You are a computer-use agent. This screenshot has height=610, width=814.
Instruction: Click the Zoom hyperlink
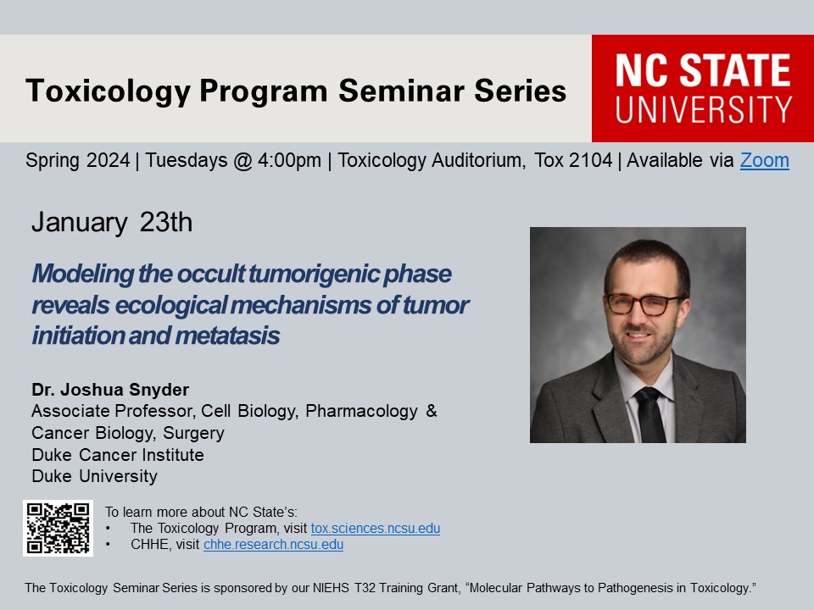764,160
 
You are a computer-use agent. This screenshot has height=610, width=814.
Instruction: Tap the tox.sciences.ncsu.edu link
376,528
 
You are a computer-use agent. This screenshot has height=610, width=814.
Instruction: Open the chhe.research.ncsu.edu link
274,544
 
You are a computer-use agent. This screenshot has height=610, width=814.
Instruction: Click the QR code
59,528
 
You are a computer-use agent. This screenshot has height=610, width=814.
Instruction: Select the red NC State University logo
703,88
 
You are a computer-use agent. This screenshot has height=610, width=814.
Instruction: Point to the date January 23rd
112,223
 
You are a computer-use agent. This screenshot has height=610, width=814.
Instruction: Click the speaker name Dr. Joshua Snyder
110,390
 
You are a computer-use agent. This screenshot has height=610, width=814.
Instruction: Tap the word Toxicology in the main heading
108,91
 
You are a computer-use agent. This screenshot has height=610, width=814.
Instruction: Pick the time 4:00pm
289,160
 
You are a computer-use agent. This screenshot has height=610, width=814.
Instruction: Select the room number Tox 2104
573,160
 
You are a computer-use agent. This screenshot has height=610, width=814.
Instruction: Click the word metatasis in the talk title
227,335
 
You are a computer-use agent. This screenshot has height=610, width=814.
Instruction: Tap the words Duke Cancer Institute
118,455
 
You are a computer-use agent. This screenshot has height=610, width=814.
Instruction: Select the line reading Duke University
94,476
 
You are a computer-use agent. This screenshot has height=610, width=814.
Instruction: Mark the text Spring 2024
77,160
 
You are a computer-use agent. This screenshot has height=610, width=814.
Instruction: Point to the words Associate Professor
113,411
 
